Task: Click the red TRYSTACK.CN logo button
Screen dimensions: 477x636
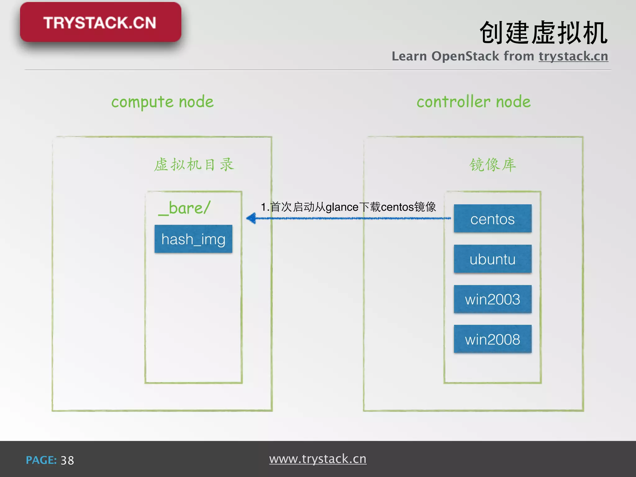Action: click(100, 22)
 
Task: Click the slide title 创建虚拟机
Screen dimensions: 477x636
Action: click(543, 33)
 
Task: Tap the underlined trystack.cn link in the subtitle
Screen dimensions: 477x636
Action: click(573, 56)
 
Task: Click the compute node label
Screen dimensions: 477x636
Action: click(162, 102)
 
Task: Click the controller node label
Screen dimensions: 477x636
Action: click(474, 102)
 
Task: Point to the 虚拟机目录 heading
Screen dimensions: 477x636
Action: click(194, 165)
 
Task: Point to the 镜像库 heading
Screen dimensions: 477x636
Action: click(493, 165)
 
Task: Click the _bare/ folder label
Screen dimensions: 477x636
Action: click(184, 208)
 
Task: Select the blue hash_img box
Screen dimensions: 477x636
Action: click(193, 239)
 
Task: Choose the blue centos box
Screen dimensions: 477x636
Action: click(493, 219)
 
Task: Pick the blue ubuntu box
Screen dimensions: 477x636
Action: click(493, 259)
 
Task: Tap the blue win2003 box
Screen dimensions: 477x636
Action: click(493, 299)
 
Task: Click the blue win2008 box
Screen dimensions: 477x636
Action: click(493, 339)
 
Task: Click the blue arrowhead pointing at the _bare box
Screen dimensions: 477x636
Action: click(252, 218)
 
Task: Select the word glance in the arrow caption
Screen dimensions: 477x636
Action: click(342, 207)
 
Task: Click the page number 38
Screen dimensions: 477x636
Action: click(67, 460)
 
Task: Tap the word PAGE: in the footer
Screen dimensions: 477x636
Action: click(41, 460)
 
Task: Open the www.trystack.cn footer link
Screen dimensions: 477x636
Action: click(318, 459)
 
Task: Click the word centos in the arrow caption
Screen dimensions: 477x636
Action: click(397, 207)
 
